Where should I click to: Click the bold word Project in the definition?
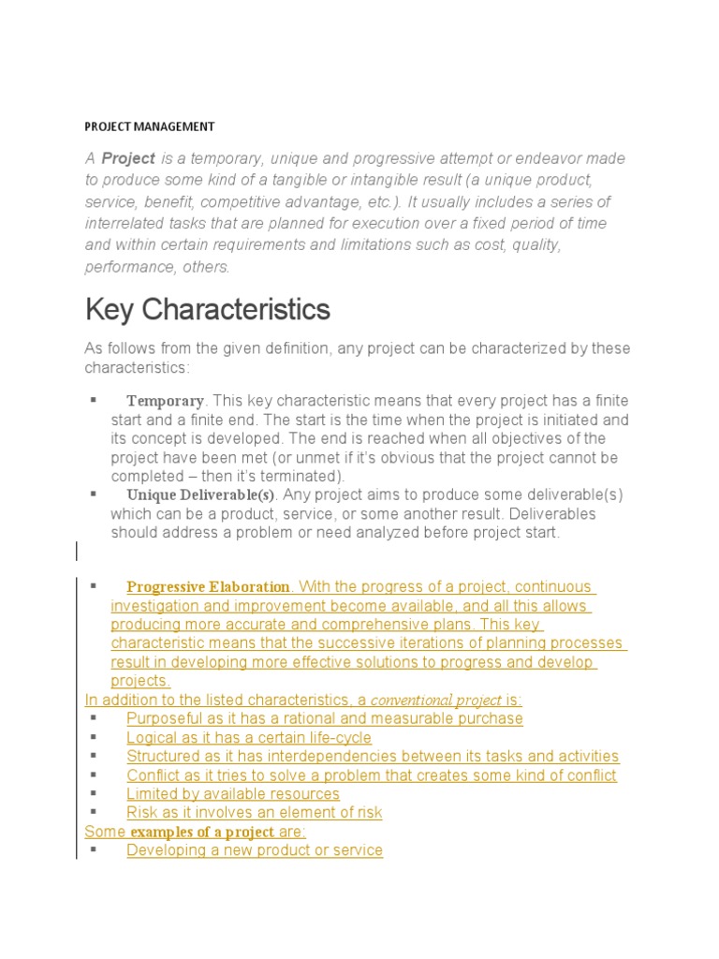click(128, 158)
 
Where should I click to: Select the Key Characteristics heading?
click(207, 308)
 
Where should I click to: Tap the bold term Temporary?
click(165, 401)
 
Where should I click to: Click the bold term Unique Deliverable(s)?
click(201, 494)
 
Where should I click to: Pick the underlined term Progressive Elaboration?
click(208, 587)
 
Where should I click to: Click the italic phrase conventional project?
click(436, 700)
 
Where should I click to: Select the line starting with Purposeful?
click(324, 718)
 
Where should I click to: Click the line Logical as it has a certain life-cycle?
click(248, 737)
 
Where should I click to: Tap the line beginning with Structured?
click(372, 756)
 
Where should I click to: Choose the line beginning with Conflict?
click(371, 775)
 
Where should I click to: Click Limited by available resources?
click(232, 793)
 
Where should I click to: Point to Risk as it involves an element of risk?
click(254, 812)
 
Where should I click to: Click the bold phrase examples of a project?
click(202, 832)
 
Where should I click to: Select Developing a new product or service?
click(254, 850)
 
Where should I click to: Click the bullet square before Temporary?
click(94, 400)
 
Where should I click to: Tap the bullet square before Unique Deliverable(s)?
click(94, 494)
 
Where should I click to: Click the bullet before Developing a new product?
click(94, 849)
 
